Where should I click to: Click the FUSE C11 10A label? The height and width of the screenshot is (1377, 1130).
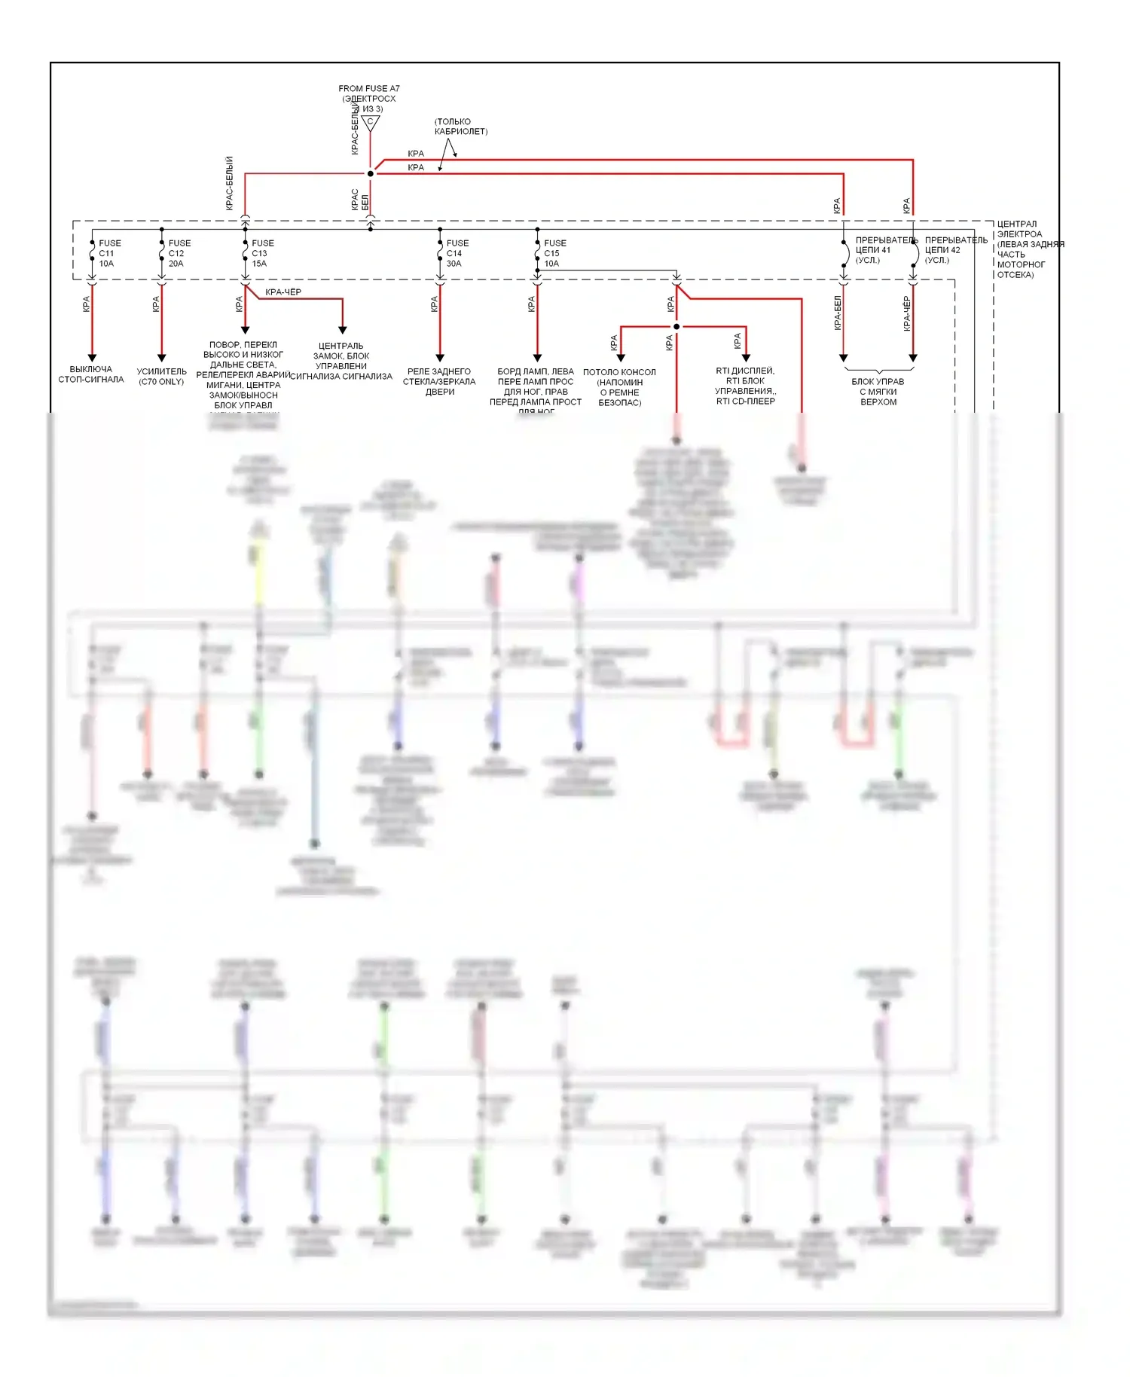click(108, 253)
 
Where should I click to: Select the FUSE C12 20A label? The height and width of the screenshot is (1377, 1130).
click(179, 253)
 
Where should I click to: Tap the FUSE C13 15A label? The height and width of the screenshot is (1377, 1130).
click(262, 253)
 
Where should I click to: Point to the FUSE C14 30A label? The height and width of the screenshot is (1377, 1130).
click(457, 253)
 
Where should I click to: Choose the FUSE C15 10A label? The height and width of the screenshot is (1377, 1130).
click(554, 253)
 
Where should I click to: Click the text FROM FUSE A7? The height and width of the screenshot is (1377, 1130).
click(369, 89)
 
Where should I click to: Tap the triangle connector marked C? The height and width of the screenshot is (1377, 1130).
click(370, 122)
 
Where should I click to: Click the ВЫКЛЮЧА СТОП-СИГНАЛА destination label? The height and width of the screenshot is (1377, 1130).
click(91, 374)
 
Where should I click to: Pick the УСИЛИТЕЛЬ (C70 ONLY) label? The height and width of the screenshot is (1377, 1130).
click(161, 377)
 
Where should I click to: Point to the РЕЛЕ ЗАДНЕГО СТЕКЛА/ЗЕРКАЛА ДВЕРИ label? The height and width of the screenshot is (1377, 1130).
click(439, 381)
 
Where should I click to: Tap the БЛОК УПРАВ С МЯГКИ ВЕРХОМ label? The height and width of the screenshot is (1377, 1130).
click(878, 392)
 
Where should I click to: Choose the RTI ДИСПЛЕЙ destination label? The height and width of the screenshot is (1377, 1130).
click(745, 386)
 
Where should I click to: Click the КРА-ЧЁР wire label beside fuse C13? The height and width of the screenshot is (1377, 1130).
click(283, 292)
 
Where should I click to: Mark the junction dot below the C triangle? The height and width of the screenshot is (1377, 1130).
click(370, 174)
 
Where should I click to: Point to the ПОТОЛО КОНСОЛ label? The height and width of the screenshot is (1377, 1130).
click(619, 387)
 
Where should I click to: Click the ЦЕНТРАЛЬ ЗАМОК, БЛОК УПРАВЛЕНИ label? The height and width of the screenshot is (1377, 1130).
click(341, 361)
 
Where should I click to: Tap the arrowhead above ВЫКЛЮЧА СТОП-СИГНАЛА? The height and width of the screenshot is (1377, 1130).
click(92, 358)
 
